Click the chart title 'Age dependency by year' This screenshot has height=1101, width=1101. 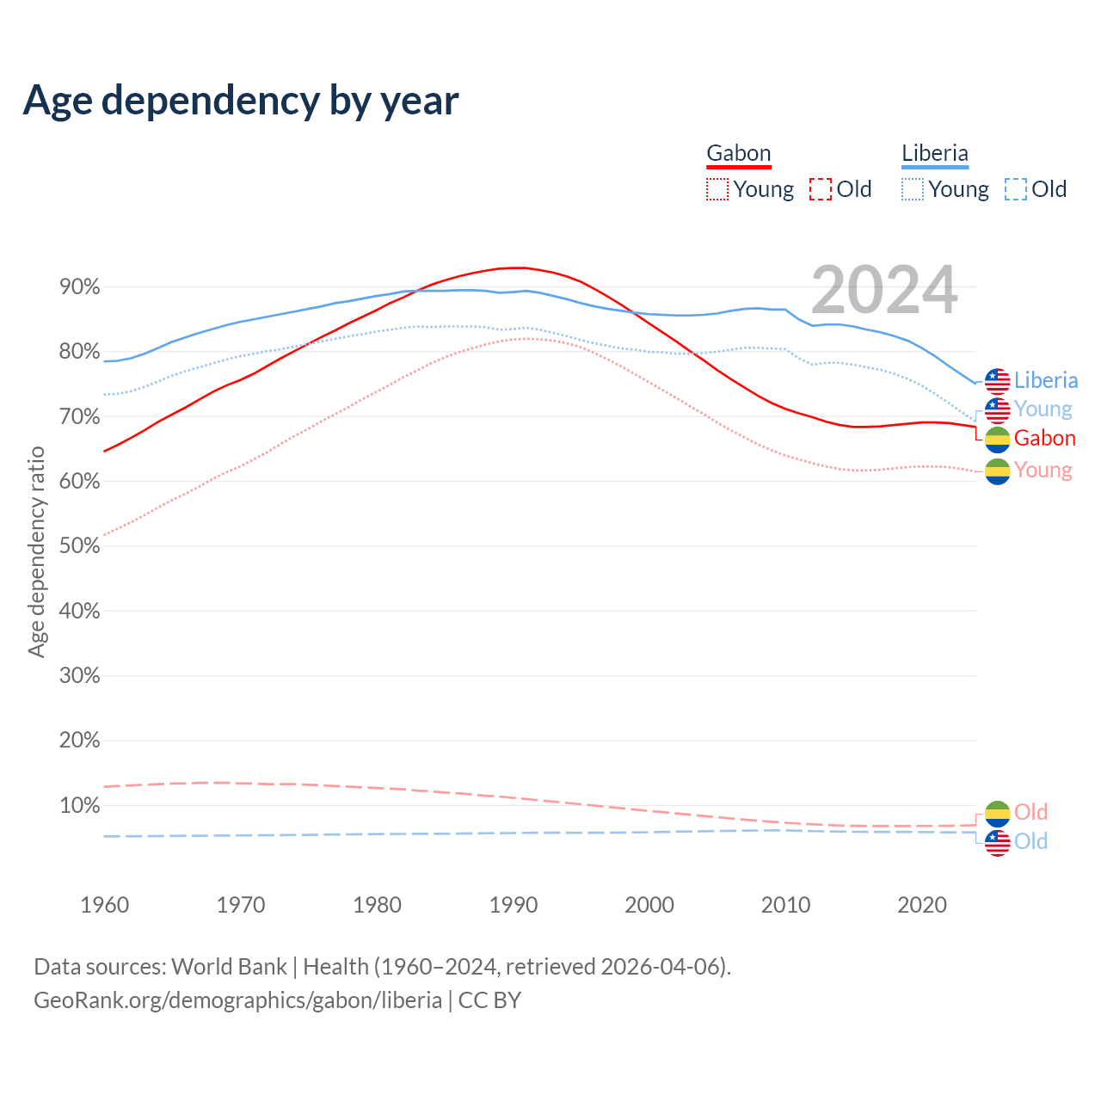pyautogui.click(x=241, y=101)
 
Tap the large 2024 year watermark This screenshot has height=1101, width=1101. pyautogui.click(x=883, y=290)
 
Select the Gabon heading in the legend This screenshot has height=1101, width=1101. pyautogui.click(x=738, y=153)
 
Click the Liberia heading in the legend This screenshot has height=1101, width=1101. pyautogui.click(x=934, y=153)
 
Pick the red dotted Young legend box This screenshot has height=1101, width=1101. pyautogui.click(x=717, y=189)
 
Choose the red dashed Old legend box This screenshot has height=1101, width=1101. pyautogui.click(x=821, y=189)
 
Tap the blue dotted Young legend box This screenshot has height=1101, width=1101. pyautogui.click(x=913, y=189)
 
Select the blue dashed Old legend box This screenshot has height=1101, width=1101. pyautogui.click(x=1016, y=189)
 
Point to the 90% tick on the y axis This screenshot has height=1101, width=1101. pyautogui.click(x=79, y=286)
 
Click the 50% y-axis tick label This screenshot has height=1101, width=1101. pyautogui.click(x=79, y=546)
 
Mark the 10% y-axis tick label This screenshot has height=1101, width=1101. pyautogui.click(x=79, y=806)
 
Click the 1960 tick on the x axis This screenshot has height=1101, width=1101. pyautogui.click(x=104, y=905)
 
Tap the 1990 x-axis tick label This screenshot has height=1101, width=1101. pyautogui.click(x=514, y=905)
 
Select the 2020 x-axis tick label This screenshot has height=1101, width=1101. pyautogui.click(x=922, y=905)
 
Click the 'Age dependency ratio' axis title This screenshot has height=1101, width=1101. pyautogui.click(x=36, y=551)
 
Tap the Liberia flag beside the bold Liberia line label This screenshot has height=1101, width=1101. pyautogui.click(x=997, y=380)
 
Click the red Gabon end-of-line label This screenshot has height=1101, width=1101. pyautogui.click(x=1044, y=438)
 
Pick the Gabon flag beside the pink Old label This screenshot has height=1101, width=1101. pyautogui.click(x=997, y=813)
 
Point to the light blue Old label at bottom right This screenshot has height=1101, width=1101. pyautogui.click(x=1030, y=841)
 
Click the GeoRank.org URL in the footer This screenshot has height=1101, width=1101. pyautogui.click(x=237, y=1000)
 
